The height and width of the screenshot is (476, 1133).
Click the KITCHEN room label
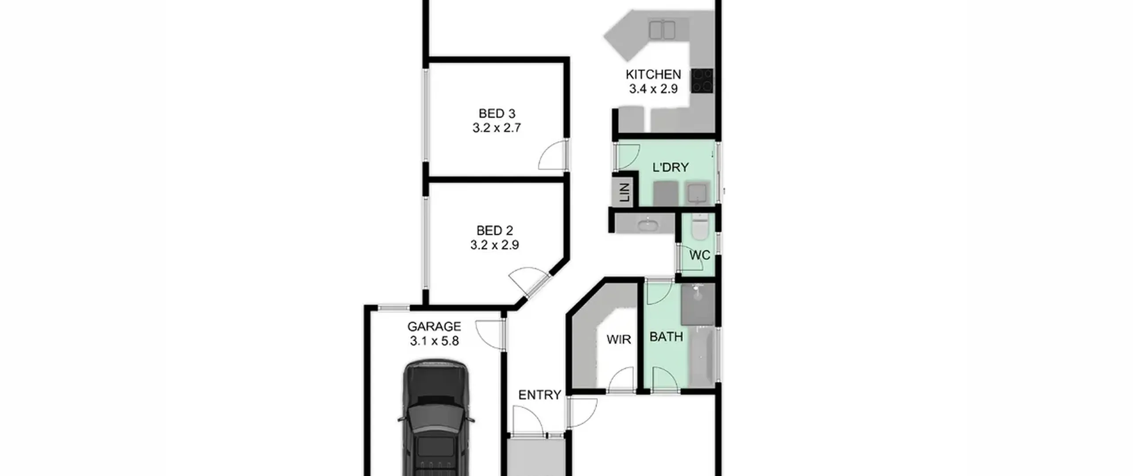[x=653, y=74]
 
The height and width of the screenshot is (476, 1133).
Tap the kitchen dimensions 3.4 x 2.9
[x=653, y=89]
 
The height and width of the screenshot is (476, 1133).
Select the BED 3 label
[x=497, y=114]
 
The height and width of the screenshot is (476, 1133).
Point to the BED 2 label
[x=495, y=231]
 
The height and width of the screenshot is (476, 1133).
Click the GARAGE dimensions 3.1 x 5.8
[x=434, y=341]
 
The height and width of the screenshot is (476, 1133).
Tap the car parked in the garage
[x=435, y=418]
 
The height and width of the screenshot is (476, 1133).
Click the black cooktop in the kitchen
[x=702, y=81]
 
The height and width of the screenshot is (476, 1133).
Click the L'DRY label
[x=671, y=167]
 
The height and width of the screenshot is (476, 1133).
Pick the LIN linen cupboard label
[x=624, y=193]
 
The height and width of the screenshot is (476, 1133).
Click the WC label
[x=700, y=255]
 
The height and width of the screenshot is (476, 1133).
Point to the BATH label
[x=666, y=337]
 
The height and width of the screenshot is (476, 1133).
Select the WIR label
[x=618, y=340]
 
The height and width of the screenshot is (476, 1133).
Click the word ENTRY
[x=540, y=395]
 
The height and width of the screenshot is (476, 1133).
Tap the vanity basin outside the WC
[x=649, y=224]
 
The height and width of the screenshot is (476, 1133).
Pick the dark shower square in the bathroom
[x=698, y=305]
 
